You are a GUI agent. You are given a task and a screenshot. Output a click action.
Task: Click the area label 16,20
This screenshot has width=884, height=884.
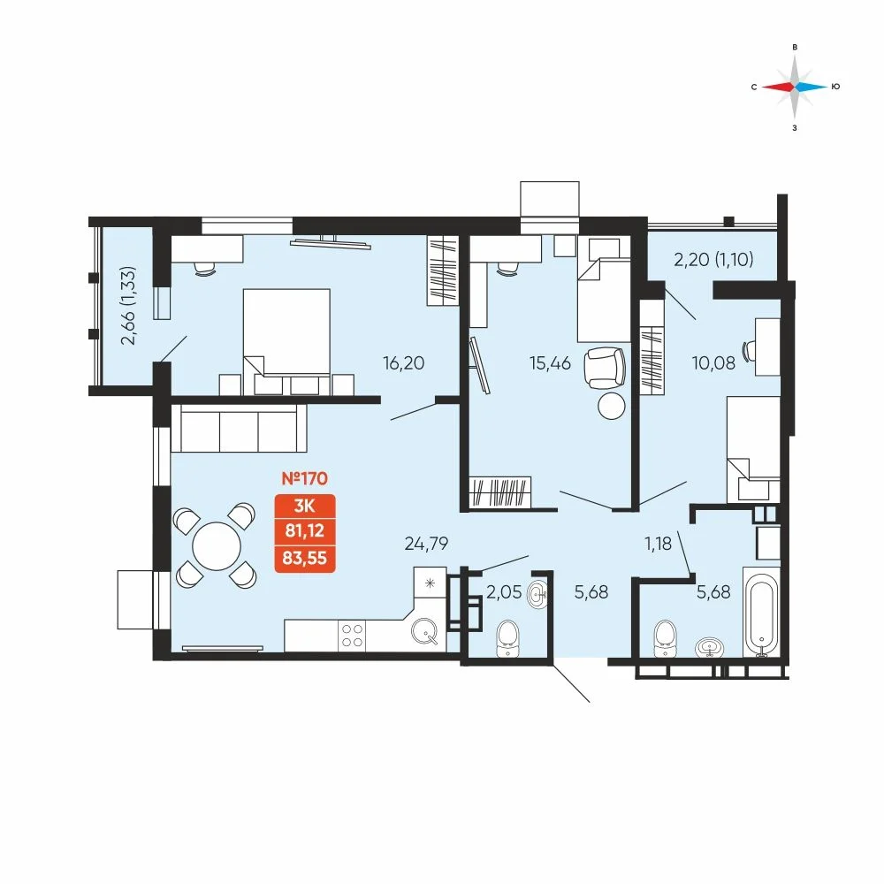tap(403, 363)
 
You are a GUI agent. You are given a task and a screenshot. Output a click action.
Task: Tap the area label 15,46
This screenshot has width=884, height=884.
tap(550, 363)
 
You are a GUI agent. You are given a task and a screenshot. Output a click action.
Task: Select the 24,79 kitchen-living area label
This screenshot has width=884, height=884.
tap(426, 544)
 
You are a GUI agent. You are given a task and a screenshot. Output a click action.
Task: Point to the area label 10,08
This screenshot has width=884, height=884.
tap(713, 363)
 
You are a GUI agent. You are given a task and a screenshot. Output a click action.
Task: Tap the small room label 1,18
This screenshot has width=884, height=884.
tap(658, 544)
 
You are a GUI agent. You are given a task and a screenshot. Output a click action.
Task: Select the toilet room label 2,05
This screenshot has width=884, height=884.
tap(504, 592)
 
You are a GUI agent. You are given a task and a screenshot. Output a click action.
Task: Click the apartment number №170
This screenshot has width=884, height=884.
tap(304, 478)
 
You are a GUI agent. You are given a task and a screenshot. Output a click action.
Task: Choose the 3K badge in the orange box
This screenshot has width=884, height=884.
tap(304, 506)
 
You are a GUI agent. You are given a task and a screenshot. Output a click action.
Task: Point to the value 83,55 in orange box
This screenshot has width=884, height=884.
tap(304, 558)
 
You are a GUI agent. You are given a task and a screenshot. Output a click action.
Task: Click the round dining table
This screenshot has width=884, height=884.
tap(217, 545)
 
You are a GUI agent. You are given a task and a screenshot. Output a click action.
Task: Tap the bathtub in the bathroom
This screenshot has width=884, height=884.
tap(761, 612)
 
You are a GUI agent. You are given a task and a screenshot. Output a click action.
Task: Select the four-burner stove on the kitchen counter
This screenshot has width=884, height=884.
tap(352, 636)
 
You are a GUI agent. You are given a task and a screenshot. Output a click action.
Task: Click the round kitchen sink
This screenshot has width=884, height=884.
tap(424, 631)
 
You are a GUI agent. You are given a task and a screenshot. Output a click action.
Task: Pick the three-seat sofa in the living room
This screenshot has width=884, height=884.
tap(239, 428)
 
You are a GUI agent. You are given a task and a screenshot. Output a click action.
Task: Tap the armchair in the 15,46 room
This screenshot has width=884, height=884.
tap(606, 368)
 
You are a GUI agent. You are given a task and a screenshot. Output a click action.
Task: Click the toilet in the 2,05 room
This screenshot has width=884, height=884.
tap(508, 639)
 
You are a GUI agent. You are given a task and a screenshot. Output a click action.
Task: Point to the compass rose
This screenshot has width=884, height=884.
tap(795, 87)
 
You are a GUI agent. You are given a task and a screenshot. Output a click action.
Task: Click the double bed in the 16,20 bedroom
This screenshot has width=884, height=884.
tap(286, 341)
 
